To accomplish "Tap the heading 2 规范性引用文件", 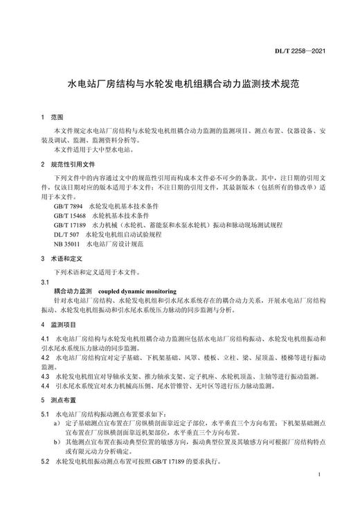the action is click(x=67, y=164).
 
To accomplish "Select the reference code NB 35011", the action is click(x=66, y=244).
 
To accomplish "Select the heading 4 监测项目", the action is click(x=59, y=325).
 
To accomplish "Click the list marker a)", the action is click(x=57, y=422).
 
